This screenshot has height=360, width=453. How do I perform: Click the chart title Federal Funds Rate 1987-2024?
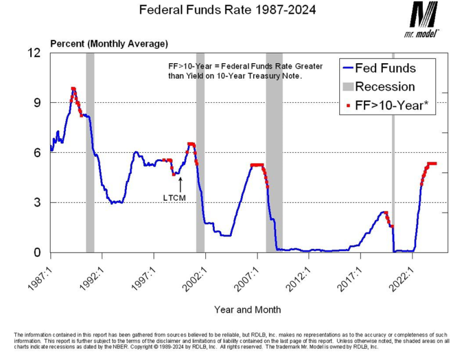tap(227, 10)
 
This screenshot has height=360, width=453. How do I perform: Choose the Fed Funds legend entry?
tap(386, 68)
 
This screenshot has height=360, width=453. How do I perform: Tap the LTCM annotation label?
tap(175, 198)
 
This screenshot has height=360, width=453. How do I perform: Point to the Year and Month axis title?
tap(247, 309)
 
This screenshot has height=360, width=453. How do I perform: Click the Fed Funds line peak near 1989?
tap(73, 89)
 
